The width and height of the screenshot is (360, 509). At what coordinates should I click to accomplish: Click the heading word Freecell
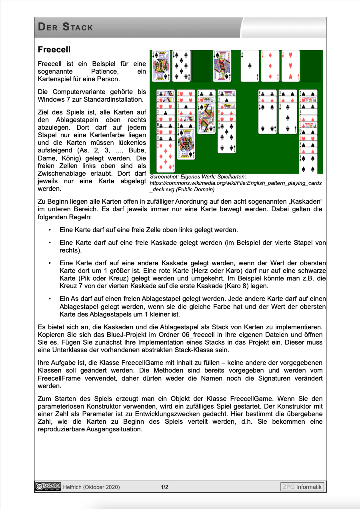coord(54,50)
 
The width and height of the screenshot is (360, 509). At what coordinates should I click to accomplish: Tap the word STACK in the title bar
coord(78,28)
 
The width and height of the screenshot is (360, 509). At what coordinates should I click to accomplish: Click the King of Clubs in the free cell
coord(161,66)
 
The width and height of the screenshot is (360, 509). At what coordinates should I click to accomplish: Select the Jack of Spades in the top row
coord(222,66)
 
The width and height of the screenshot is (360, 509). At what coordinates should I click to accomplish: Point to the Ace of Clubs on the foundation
coord(250,66)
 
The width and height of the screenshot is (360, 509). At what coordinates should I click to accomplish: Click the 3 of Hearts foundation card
coord(290,66)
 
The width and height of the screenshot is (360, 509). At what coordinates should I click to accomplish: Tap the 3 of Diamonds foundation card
coord(270,66)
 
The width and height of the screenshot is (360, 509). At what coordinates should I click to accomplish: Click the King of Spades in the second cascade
coord(186,144)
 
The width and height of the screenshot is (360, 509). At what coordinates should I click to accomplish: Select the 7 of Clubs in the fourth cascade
coord(227,138)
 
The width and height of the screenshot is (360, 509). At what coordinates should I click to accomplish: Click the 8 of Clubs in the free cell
coord(181,66)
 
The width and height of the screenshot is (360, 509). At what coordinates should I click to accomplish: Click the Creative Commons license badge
coord(48,487)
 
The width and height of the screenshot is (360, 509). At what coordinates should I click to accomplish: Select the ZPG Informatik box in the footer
coord(302,487)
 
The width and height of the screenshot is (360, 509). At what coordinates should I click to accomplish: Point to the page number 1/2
coord(164,487)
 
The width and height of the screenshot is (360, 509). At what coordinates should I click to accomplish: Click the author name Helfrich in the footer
coord(72,487)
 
